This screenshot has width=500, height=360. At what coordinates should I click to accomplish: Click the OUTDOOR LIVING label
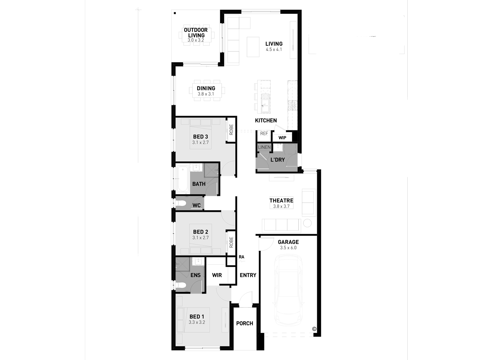[x=196, y=33]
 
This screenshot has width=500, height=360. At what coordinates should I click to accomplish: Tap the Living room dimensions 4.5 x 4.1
[x=274, y=49]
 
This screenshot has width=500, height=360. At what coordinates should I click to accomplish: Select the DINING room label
[x=206, y=88]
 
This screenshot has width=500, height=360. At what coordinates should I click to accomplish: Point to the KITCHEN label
[x=266, y=121]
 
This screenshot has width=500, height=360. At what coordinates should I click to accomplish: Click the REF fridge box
[x=264, y=134]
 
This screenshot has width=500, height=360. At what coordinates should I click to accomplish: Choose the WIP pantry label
[x=282, y=138]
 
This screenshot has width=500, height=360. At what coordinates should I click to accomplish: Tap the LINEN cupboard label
[x=264, y=147]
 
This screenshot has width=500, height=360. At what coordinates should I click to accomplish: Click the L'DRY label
[x=278, y=160]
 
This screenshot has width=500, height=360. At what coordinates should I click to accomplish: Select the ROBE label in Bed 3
[x=231, y=130]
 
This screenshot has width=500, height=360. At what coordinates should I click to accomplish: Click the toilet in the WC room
[x=181, y=204]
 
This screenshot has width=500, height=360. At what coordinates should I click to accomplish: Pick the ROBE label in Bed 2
[x=231, y=242]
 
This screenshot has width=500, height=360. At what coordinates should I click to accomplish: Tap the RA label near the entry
[x=241, y=257]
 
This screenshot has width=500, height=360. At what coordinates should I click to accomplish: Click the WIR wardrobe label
[x=217, y=275]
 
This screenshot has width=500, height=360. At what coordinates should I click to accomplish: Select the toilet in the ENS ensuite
[x=181, y=285]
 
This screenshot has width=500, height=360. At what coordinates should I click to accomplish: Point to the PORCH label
[x=245, y=323]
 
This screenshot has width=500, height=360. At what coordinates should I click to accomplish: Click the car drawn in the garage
[x=288, y=290]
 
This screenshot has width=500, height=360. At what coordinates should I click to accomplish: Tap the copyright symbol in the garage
[x=314, y=329]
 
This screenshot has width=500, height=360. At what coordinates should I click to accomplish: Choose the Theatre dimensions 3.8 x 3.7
[x=281, y=206]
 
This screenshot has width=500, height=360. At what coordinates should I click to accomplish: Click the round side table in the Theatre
[x=307, y=223]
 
